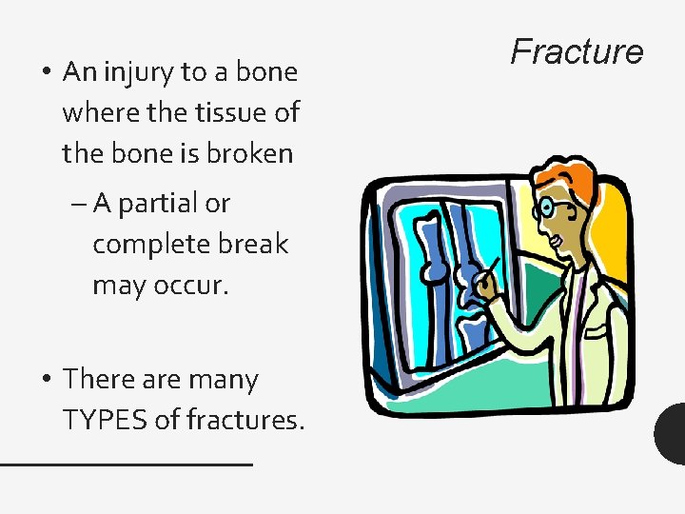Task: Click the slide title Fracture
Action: [577, 51]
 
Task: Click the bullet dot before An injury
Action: [45, 73]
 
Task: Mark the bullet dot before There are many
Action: [45, 380]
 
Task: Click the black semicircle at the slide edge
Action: [672, 433]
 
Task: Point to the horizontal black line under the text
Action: [126, 464]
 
